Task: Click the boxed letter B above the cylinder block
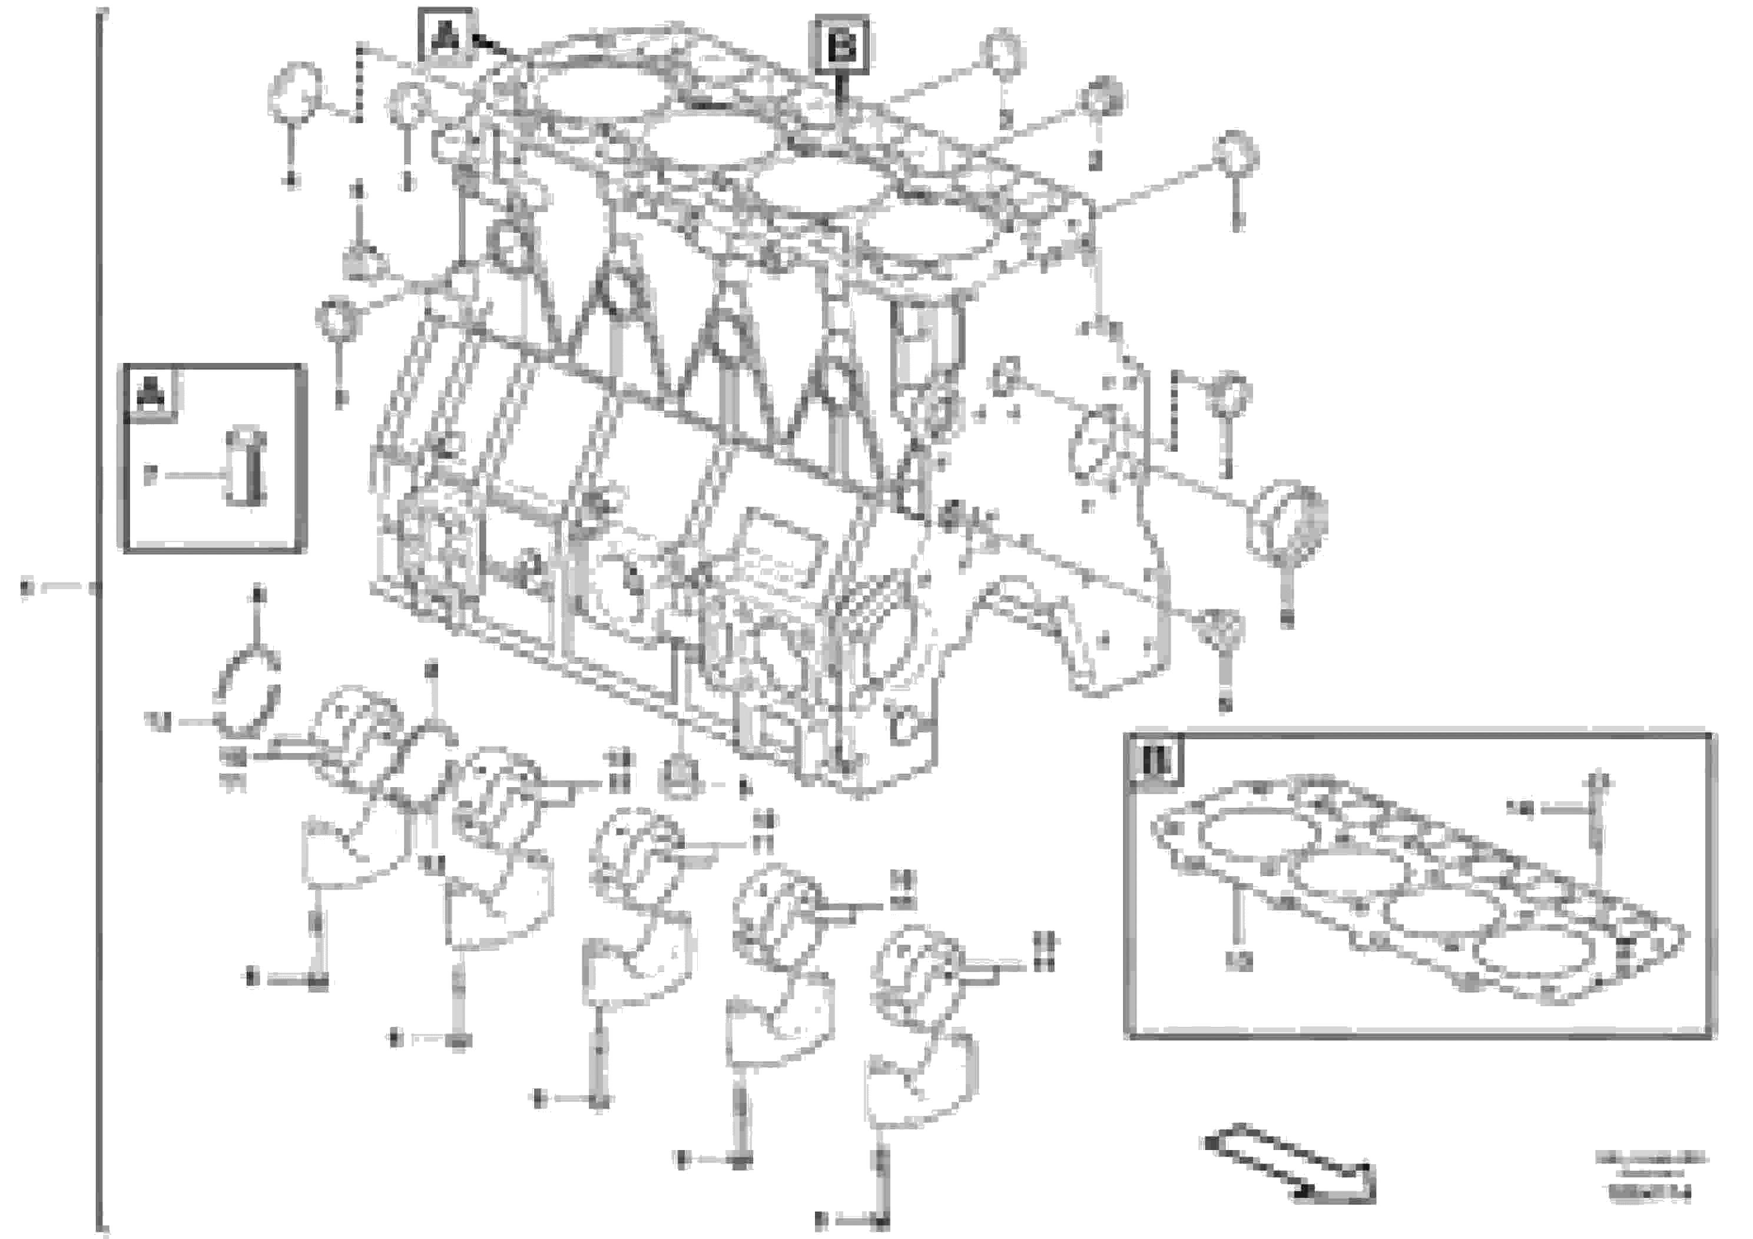[841, 45]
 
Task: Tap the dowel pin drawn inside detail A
[246, 467]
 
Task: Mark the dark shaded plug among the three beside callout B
[1102, 98]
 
